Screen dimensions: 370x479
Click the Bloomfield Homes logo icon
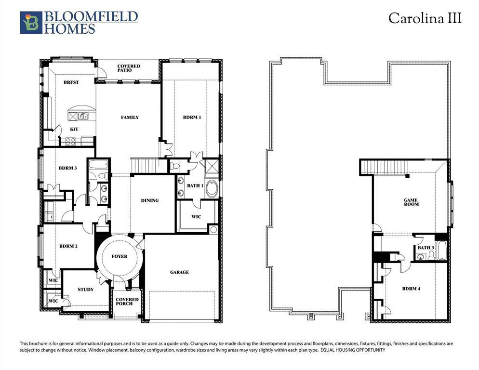tap(31, 23)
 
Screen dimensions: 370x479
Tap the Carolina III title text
tap(425, 19)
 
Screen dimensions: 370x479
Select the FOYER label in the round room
tap(120, 256)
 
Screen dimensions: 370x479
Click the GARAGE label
tap(179, 272)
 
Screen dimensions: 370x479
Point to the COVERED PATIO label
tap(129, 68)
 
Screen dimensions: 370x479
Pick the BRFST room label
tap(71, 82)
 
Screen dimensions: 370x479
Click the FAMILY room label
tap(130, 117)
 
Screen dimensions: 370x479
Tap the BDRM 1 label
tap(191, 117)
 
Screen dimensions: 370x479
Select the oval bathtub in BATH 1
tap(212, 188)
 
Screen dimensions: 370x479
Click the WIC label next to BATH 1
tap(196, 217)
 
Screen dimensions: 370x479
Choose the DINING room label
tap(149, 200)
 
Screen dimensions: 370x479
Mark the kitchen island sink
tap(82, 116)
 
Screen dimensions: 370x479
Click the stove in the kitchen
tap(70, 141)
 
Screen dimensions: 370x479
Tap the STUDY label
tap(86, 290)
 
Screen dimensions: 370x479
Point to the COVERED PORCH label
tap(127, 302)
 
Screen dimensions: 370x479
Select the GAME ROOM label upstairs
tap(411, 202)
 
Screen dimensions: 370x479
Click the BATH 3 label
tap(426, 248)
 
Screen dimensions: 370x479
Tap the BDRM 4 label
tap(411, 289)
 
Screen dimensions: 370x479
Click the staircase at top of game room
tap(385, 168)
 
